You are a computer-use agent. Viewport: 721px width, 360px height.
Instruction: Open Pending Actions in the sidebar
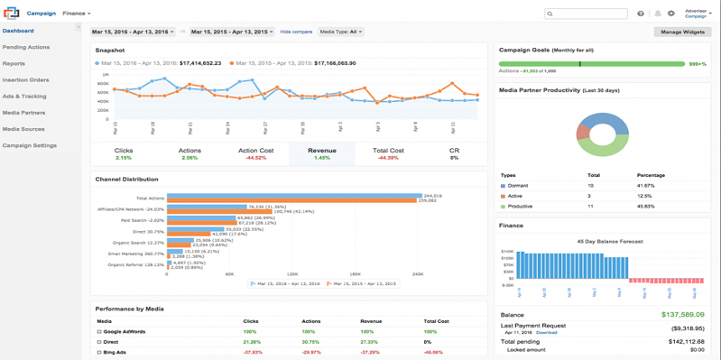(x=26, y=47)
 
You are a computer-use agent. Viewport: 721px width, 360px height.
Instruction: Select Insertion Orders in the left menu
(x=26, y=79)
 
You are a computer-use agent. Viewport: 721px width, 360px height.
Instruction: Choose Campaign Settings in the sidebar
(x=30, y=145)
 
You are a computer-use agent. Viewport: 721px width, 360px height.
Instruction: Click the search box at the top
(x=587, y=14)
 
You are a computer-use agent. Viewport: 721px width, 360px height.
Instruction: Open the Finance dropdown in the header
(x=76, y=14)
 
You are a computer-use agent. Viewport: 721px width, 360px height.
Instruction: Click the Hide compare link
(x=296, y=32)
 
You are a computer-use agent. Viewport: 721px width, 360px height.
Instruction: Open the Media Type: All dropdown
(x=341, y=32)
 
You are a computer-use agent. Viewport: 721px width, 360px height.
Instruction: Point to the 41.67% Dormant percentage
(x=648, y=185)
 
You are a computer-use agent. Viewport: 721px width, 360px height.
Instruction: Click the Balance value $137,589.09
(x=684, y=315)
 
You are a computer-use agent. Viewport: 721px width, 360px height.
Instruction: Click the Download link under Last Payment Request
(x=547, y=332)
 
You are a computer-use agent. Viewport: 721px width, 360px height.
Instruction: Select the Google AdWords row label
(x=124, y=332)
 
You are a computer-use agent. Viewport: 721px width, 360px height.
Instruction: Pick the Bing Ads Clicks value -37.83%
(x=253, y=353)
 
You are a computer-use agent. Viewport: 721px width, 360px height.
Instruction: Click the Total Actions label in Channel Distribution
(x=150, y=198)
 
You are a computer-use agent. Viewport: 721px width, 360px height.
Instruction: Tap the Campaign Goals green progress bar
(x=591, y=64)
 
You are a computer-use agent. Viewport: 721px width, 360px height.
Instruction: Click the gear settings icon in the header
(x=670, y=14)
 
